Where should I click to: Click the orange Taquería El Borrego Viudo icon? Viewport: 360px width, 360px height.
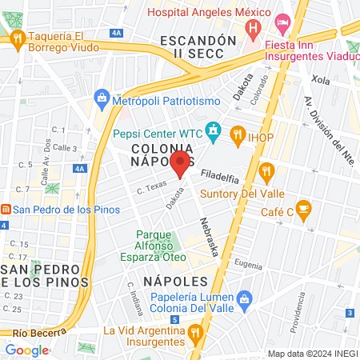click(x=16, y=38)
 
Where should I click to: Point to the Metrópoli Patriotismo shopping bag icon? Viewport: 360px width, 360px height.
click(x=102, y=98)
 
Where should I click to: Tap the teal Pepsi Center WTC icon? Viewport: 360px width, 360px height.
click(x=214, y=129)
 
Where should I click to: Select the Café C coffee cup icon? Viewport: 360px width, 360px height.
click(x=302, y=210)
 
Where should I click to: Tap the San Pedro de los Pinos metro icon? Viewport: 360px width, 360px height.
click(x=5, y=210)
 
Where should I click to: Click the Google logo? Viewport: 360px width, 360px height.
click(x=27, y=350)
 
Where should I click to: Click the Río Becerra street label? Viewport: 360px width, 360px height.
click(x=32, y=332)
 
